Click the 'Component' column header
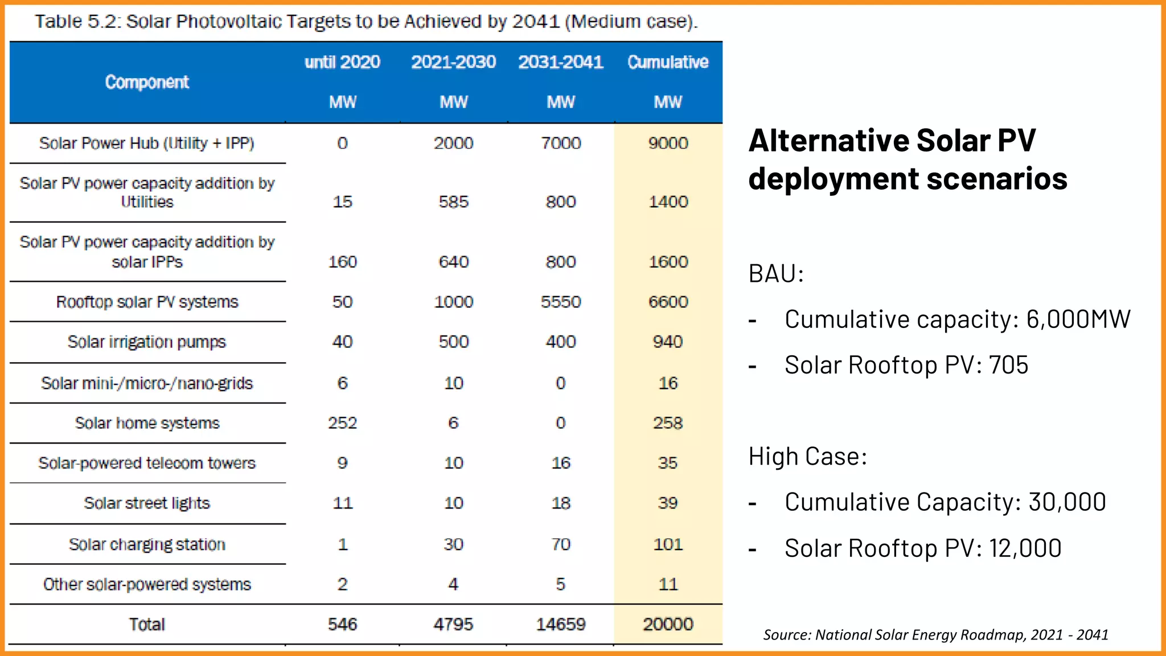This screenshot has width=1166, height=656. click(x=147, y=82)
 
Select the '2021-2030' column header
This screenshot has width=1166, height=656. click(x=453, y=61)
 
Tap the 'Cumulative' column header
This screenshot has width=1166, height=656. click(x=668, y=61)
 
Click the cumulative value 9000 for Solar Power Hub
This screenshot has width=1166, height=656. click(x=668, y=143)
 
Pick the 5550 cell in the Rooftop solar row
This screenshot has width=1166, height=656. click(x=561, y=302)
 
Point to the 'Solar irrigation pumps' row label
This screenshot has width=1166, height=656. click(x=147, y=342)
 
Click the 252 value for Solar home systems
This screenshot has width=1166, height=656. click(x=342, y=423)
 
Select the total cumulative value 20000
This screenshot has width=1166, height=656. click(x=668, y=624)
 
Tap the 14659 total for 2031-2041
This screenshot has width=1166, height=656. click(x=561, y=624)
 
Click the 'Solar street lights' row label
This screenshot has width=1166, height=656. click(x=147, y=503)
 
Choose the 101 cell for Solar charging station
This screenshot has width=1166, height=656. click(x=668, y=544)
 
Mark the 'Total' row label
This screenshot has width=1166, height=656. click(x=147, y=625)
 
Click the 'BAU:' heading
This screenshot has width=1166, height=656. click(x=775, y=274)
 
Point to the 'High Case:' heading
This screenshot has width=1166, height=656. click(x=807, y=457)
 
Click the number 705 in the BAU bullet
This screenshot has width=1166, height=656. click(x=1008, y=365)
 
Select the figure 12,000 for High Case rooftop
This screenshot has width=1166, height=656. click(x=1025, y=548)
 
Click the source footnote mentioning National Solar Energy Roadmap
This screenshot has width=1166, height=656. click(x=935, y=634)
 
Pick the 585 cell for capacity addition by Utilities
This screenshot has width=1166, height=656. click(x=453, y=202)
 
